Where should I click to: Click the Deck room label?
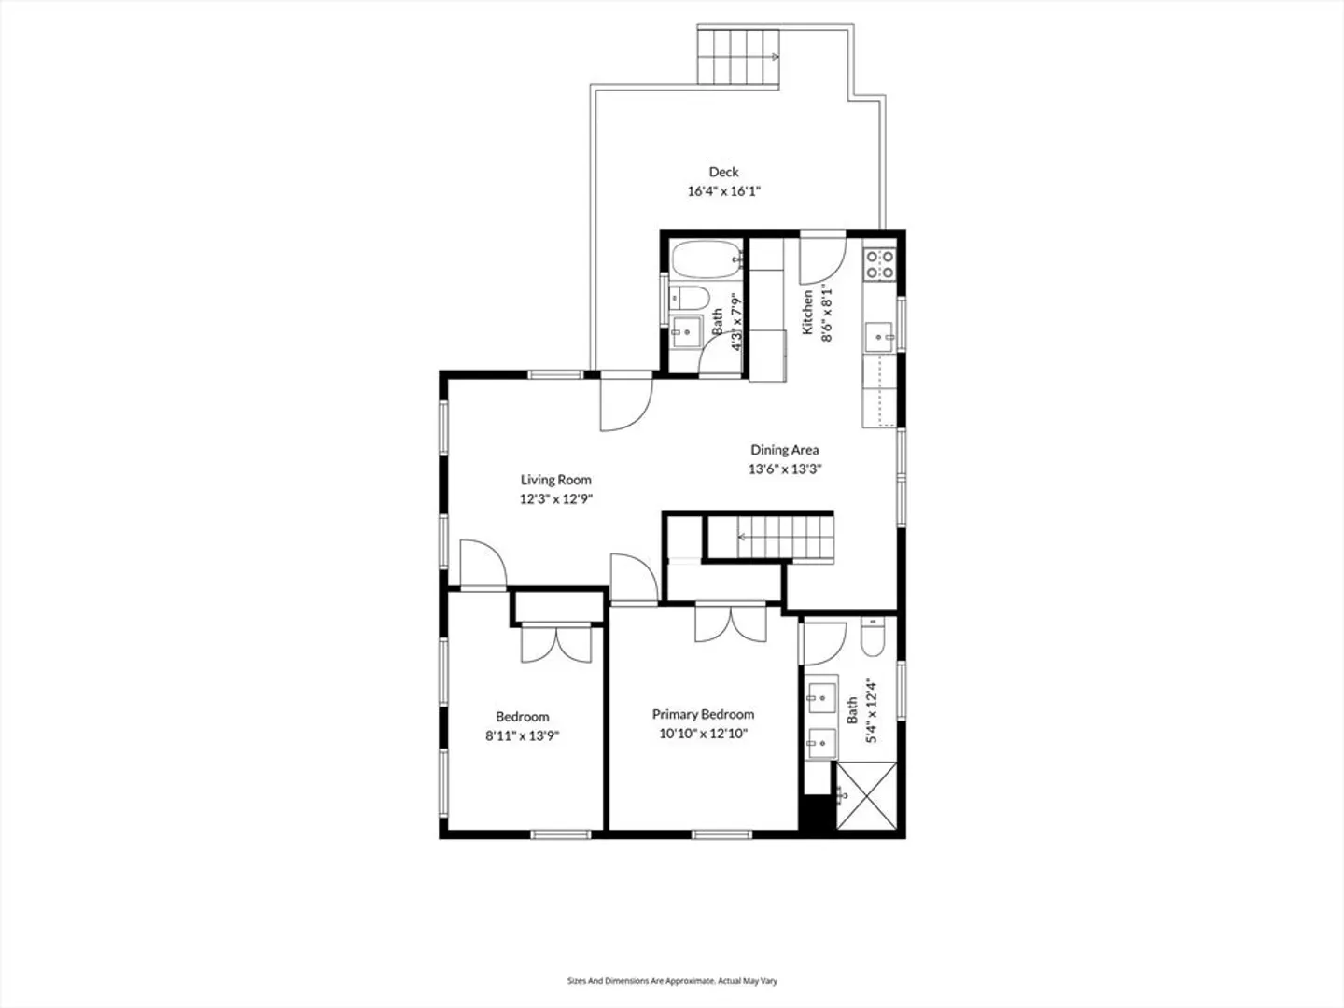[723, 172]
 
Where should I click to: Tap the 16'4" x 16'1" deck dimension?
[723, 191]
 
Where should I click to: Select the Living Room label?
[556, 480]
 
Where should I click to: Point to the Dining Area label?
[784, 450]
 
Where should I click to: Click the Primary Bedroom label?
[703, 714]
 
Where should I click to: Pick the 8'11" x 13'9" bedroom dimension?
[523, 735]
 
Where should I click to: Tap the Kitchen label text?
[807, 312]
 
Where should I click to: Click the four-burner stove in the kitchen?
[880, 264]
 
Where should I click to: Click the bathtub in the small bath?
[707, 259]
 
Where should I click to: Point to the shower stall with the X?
[866, 795]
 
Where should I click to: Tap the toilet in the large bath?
[872, 637]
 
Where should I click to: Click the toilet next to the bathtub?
[690, 299]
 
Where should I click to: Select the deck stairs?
[738, 57]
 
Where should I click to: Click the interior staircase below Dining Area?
[785, 538]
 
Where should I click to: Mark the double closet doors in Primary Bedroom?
[731, 623]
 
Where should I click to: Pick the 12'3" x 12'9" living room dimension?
[556, 498]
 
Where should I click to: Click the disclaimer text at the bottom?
[672, 980]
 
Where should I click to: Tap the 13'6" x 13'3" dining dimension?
[784, 469]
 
